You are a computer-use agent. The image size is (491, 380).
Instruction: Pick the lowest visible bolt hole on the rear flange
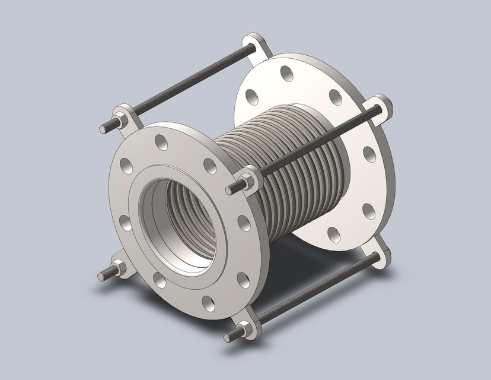pyautogui.click(x=333, y=233)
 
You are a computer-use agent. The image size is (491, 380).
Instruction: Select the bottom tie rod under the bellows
pyautogui.click(x=314, y=290)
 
